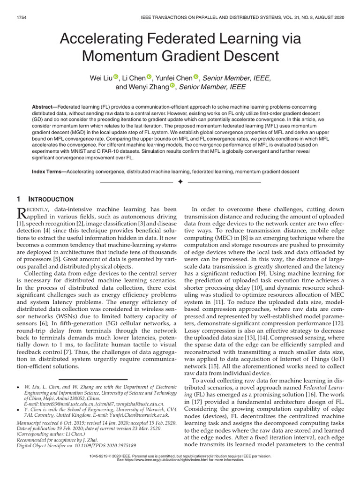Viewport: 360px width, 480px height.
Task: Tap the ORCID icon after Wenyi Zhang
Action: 172,86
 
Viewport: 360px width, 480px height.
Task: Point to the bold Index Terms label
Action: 49,172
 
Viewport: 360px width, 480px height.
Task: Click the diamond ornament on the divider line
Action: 180,181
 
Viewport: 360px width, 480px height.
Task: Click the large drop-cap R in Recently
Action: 23,213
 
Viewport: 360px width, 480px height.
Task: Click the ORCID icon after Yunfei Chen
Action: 196,77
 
